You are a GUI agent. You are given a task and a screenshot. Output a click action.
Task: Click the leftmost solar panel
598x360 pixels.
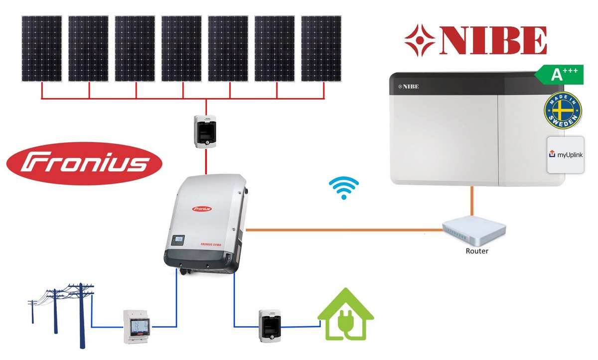42,48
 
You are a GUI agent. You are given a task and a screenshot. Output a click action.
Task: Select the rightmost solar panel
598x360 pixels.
321,48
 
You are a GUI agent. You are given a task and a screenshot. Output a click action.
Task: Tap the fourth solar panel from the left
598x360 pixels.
182,48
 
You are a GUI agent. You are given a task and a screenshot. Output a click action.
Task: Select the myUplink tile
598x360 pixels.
565,155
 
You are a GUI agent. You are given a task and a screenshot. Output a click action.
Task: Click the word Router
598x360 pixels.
476,251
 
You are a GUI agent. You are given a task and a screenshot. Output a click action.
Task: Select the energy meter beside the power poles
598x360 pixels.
137,326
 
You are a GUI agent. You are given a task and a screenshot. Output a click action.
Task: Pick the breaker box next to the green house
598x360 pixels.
270,326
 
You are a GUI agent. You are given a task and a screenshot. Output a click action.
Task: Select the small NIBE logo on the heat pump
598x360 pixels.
408,87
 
